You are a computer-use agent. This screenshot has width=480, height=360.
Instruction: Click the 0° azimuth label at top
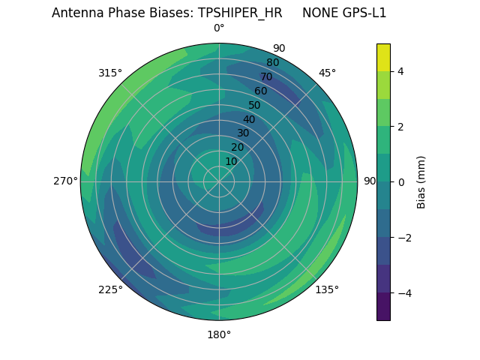pos(219,28)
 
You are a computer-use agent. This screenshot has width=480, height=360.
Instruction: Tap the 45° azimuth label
pos(327,73)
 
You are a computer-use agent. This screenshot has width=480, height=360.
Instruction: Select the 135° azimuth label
pos(327,289)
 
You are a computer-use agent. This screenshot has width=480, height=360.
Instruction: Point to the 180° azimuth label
pos(219,334)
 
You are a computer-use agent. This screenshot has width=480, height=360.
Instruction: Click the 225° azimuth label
pos(110,289)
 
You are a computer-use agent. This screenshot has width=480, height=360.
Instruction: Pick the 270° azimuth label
pos(65,181)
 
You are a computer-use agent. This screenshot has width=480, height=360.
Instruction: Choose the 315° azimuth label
pos(110,73)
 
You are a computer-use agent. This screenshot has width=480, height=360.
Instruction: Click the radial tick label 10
pos(231,161)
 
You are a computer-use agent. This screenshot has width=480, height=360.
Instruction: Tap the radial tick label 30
pos(243,133)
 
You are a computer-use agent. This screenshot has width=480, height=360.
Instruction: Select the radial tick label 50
pos(254,105)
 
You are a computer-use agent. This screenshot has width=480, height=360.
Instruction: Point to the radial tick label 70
pos(266,76)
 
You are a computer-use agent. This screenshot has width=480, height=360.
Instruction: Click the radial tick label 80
pos(272,62)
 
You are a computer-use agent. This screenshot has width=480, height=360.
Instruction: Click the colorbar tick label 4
pos(401,71)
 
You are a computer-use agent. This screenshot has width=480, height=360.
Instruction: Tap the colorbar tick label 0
pos(401,181)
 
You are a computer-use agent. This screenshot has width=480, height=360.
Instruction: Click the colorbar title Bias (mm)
pos(421,181)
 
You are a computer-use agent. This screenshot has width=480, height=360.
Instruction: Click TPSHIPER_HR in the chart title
pos(240,13)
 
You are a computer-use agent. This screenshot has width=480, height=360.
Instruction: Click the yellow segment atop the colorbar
pos(383,57)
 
